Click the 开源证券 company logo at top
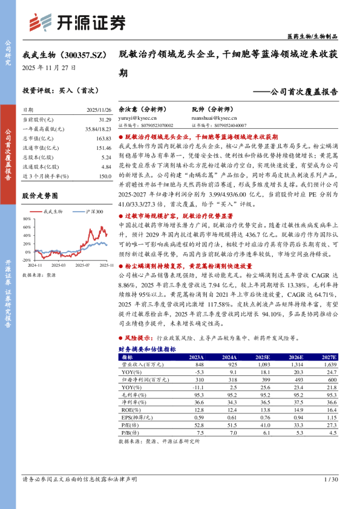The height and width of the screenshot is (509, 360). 78,22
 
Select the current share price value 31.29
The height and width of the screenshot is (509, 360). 103,120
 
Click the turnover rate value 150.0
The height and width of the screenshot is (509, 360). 103,175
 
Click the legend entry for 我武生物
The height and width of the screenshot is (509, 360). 54,212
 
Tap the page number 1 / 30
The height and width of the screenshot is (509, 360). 330,479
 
